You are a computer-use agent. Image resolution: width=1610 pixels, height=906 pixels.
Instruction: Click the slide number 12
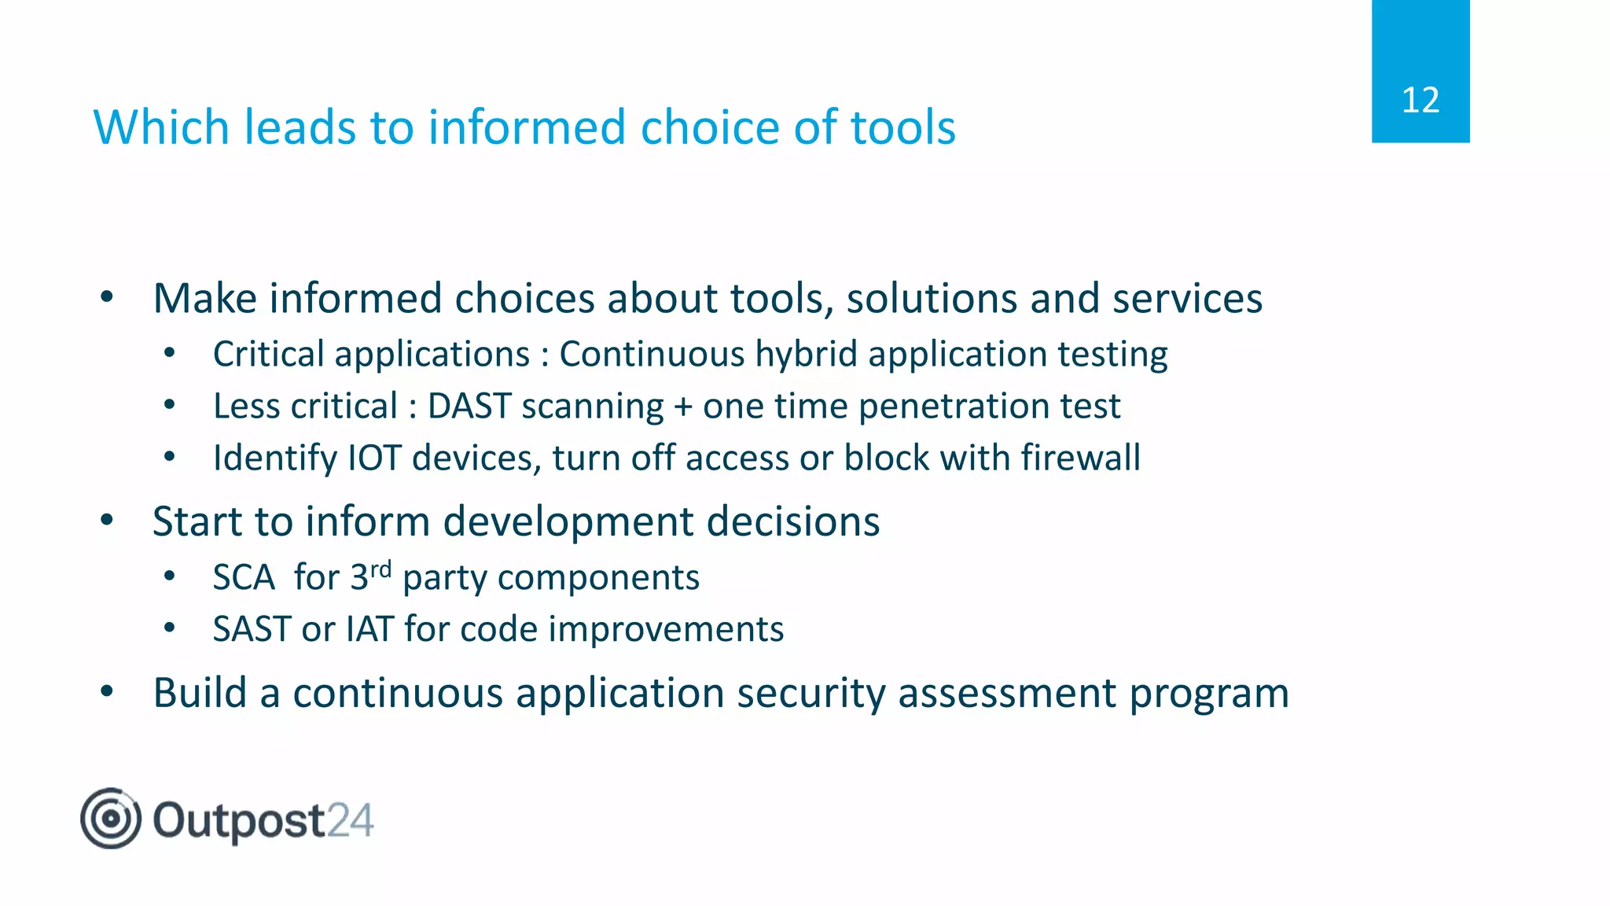[1420, 101]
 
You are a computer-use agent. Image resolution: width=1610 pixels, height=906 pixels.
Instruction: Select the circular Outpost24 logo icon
[111, 819]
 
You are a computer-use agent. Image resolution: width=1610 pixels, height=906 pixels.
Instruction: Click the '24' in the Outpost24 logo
[350, 820]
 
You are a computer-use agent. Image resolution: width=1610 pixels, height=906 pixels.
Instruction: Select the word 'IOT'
[373, 459]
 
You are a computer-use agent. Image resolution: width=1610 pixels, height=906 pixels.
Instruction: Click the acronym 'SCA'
[244, 578]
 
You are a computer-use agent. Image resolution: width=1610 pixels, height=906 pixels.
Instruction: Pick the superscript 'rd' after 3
[380, 569]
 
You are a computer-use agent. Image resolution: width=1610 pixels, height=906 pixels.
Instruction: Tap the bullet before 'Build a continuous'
[108, 692]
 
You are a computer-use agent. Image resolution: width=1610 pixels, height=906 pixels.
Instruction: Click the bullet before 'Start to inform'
[108, 520]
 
